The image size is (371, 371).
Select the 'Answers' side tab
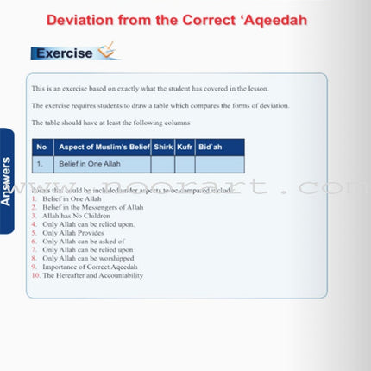click(x=8, y=180)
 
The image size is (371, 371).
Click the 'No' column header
click(x=41, y=147)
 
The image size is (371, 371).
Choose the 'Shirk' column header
click(x=163, y=147)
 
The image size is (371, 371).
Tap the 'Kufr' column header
click(x=185, y=147)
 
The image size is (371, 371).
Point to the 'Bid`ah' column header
click(x=211, y=147)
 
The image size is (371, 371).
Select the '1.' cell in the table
click(x=41, y=162)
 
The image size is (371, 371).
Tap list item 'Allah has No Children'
click(x=79, y=216)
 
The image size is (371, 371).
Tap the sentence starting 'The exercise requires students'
click(x=160, y=105)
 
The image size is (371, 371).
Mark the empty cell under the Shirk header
click(x=163, y=163)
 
